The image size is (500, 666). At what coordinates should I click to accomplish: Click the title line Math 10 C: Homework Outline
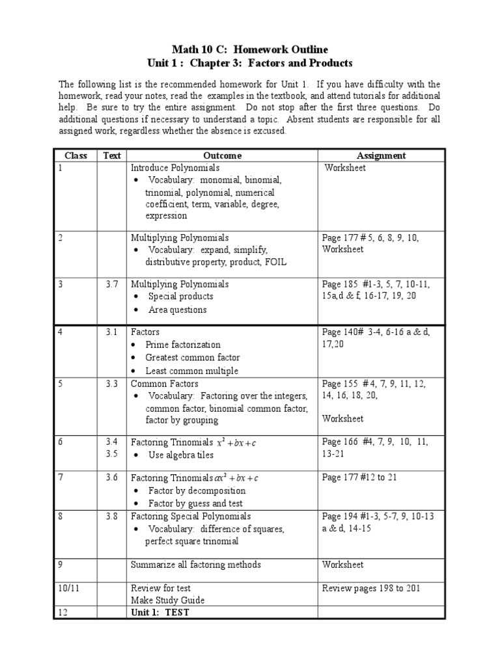click(x=250, y=49)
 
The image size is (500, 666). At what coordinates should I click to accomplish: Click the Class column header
click(x=76, y=155)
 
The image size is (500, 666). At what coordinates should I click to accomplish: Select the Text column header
click(x=112, y=155)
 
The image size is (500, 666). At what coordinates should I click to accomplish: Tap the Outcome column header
click(x=222, y=155)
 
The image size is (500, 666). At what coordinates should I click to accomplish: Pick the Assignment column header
click(x=381, y=155)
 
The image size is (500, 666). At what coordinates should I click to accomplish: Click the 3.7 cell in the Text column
click(x=112, y=284)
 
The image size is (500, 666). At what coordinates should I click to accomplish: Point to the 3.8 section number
click(x=112, y=516)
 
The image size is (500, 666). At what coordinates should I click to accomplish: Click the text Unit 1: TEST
click(x=160, y=612)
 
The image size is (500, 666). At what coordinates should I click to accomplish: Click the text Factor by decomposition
click(x=197, y=491)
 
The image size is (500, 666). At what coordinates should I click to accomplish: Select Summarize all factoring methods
click(x=195, y=565)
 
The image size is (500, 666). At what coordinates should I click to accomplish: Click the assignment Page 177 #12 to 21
click(x=359, y=477)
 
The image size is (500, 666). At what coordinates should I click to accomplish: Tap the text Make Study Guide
click(x=167, y=600)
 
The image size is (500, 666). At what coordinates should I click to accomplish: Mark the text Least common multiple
click(x=191, y=371)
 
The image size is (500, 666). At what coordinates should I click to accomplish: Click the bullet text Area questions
click(x=177, y=310)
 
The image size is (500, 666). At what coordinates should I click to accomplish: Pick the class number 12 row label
click(x=62, y=612)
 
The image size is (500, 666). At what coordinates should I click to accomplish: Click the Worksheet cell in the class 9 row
click(x=342, y=565)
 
